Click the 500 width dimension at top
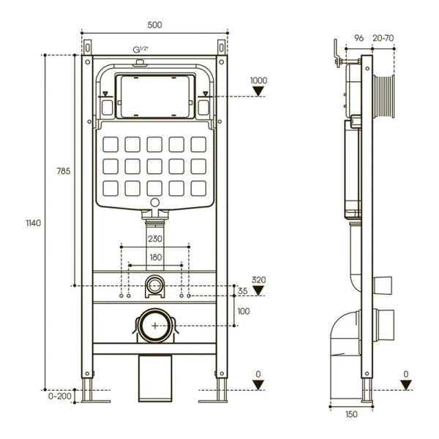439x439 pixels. point(154,25)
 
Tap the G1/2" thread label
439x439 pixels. point(140,48)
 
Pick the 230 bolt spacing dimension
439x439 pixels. point(154,239)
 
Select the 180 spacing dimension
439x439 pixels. point(154,257)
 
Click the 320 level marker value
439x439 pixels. point(258,279)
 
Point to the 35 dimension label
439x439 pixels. point(242,291)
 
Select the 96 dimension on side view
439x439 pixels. point(359,38)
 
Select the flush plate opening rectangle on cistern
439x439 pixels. point(154,94)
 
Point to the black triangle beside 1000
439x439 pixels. point(258,91)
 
